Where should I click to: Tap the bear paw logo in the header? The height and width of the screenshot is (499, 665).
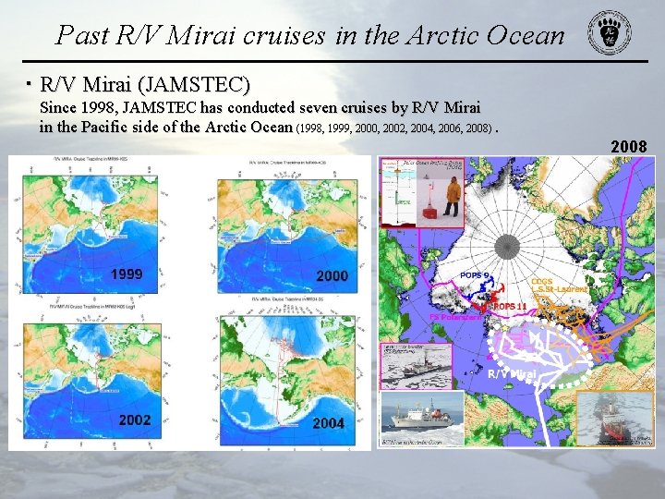pyautogui.click(x=611, y=35)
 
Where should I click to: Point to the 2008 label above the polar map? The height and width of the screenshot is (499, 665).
pyautogui.click(x=629, y=147)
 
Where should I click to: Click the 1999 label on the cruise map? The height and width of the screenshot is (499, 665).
pyautogui.click(x=127, y=274)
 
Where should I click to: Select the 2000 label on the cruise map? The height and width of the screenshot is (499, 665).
pyautogui.click(x=332, y=275)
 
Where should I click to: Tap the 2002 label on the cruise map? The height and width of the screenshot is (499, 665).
pyautogui.click(x=134, y=420)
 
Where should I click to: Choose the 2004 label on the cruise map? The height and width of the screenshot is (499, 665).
pyautogui.click(x=329, y=423)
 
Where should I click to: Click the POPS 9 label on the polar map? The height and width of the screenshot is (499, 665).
pyautogui.click(x=475, y=274)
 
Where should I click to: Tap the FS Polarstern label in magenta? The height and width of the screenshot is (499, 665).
pyautogui.click(x=455, y=317)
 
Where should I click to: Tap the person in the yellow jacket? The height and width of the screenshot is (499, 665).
pyautogui.click(x=453, y=196)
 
